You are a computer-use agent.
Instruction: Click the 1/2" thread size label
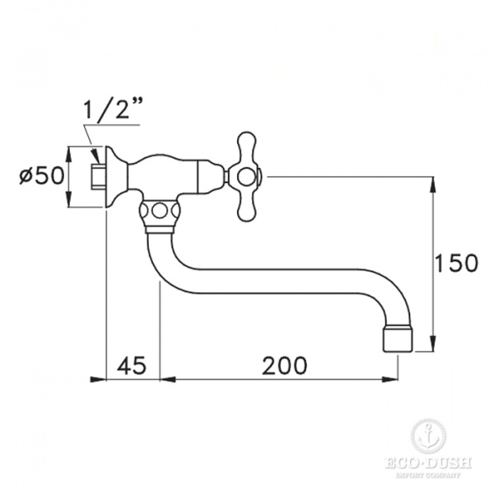coord(112,110)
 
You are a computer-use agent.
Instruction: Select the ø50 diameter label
coord(40,176)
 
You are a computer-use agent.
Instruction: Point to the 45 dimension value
coord(133,364)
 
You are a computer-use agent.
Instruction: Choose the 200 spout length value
coord(284,364)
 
